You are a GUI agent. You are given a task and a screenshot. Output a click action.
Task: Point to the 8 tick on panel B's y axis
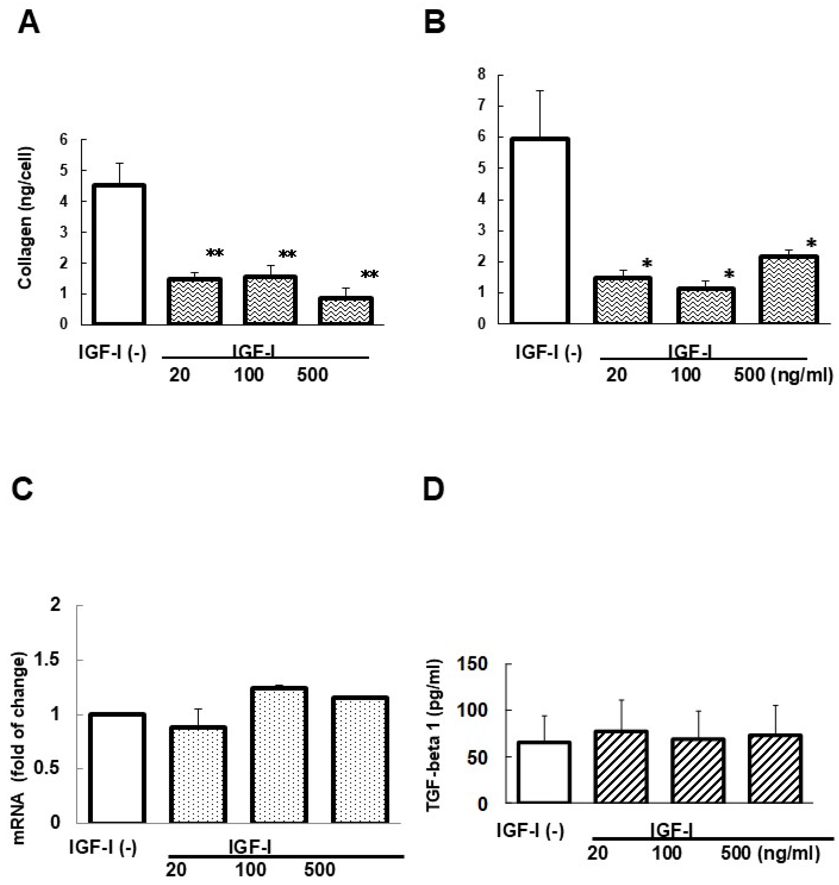tap(481, 74)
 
